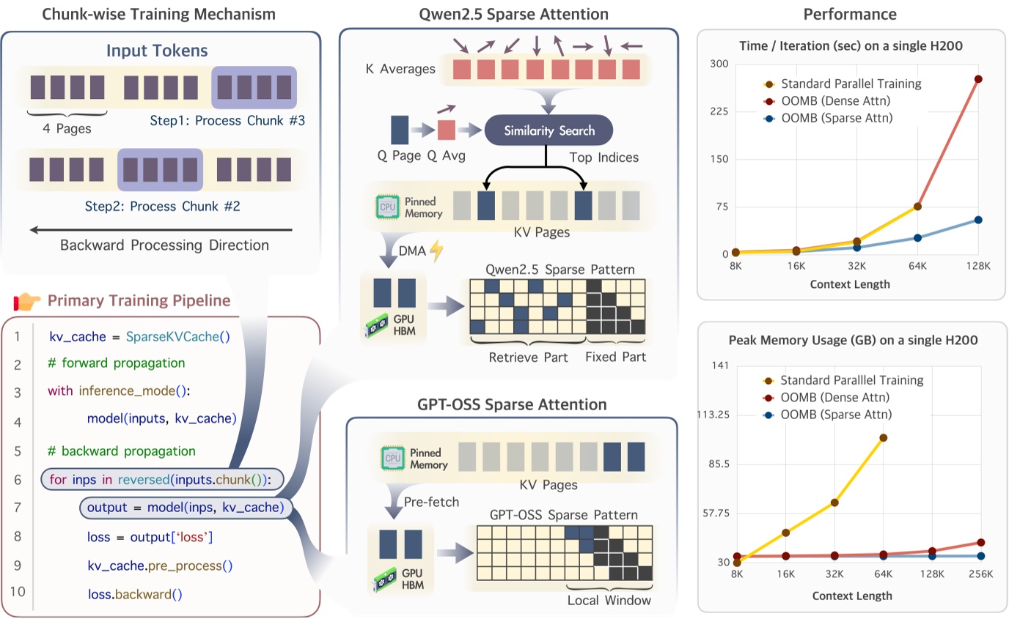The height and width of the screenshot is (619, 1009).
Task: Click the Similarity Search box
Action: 548,131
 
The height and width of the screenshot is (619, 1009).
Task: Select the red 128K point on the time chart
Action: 978,79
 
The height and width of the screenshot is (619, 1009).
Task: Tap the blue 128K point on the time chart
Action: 978,220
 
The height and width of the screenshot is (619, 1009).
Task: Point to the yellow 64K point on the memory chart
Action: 883,438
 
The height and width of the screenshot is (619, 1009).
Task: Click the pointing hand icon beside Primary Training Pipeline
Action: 27,301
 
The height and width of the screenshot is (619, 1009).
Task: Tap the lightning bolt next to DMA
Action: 436,251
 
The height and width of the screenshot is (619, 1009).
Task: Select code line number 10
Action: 18,593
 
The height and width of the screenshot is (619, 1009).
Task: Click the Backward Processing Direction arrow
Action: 161,230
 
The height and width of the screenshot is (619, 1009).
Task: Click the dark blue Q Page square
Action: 400,130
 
